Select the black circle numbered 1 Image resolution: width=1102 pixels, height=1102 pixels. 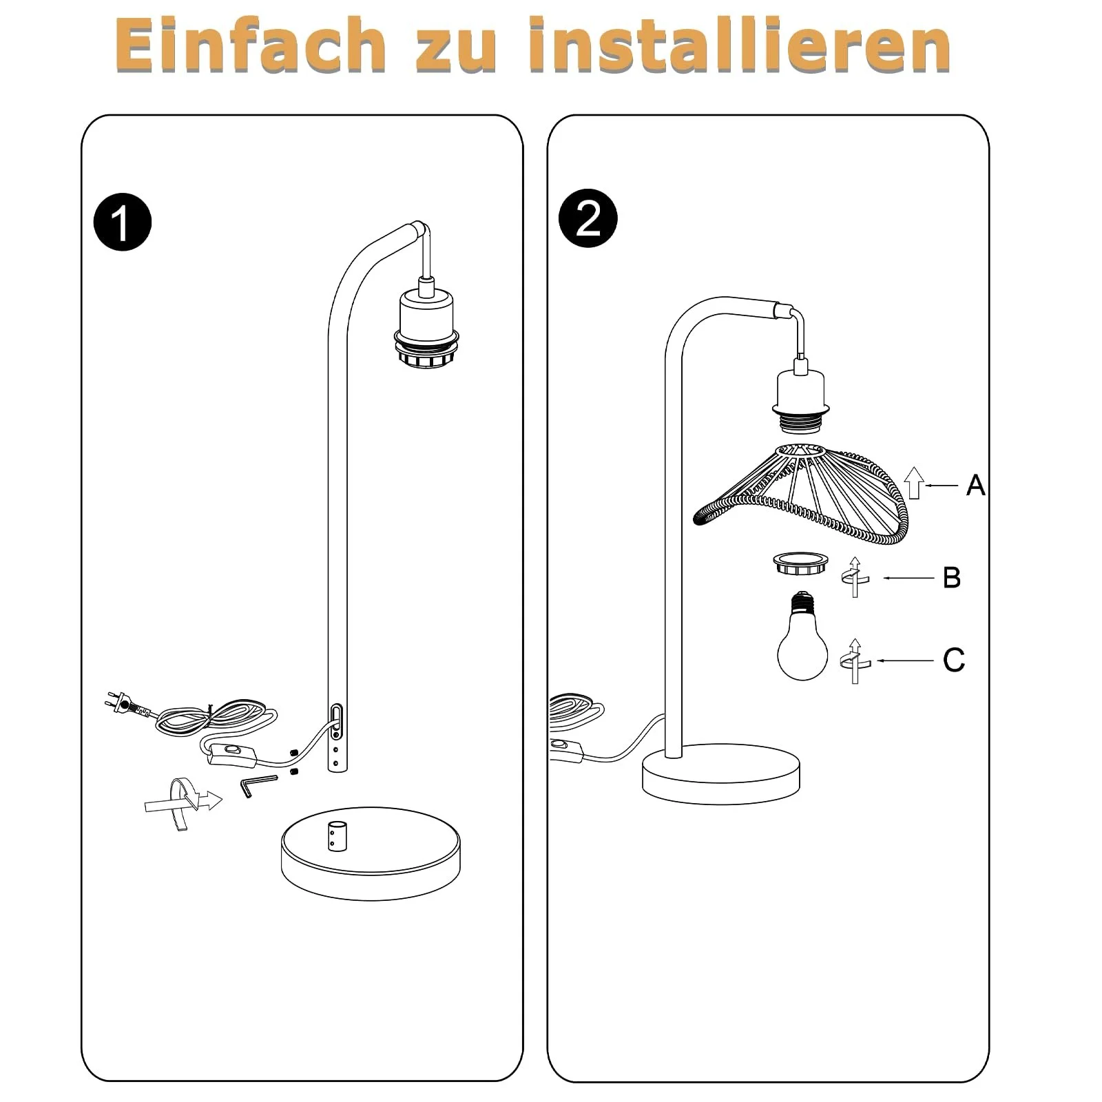click(123, 222)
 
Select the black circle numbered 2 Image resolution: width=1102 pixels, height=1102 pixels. click(588, 218)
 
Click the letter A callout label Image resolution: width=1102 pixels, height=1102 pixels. click(975, 486)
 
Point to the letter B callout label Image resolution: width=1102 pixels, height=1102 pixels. click(952, 578)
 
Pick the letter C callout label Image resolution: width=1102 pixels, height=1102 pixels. click(954, 660)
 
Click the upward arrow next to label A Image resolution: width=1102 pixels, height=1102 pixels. click(913, 483)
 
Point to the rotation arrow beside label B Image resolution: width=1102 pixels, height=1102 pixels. click(855, 576)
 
